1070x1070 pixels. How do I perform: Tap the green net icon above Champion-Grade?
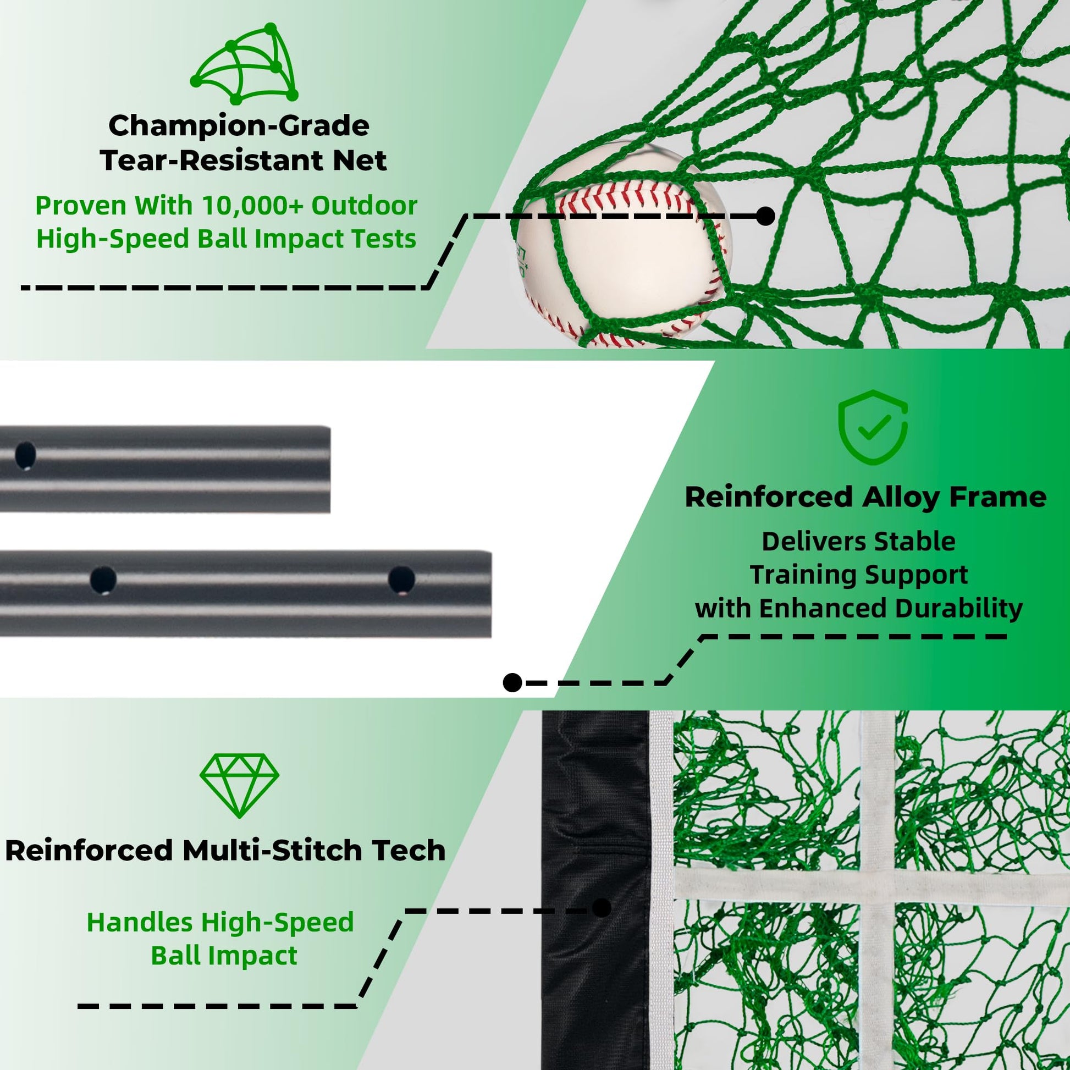(244, 64)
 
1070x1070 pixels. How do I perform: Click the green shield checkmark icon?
(873, 428)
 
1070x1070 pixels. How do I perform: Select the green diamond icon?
(239, 785)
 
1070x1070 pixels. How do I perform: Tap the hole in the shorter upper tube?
(25, 455)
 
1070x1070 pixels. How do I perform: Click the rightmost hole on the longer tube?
(401, 580)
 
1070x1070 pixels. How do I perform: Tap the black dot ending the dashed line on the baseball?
(765, 216)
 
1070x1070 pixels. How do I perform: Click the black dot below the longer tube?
(513, 682)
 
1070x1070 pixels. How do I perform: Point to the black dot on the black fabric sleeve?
(602, 908)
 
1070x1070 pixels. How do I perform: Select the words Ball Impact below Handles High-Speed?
(224, 956)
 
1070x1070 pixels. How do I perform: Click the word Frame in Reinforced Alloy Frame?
(998, 497)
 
